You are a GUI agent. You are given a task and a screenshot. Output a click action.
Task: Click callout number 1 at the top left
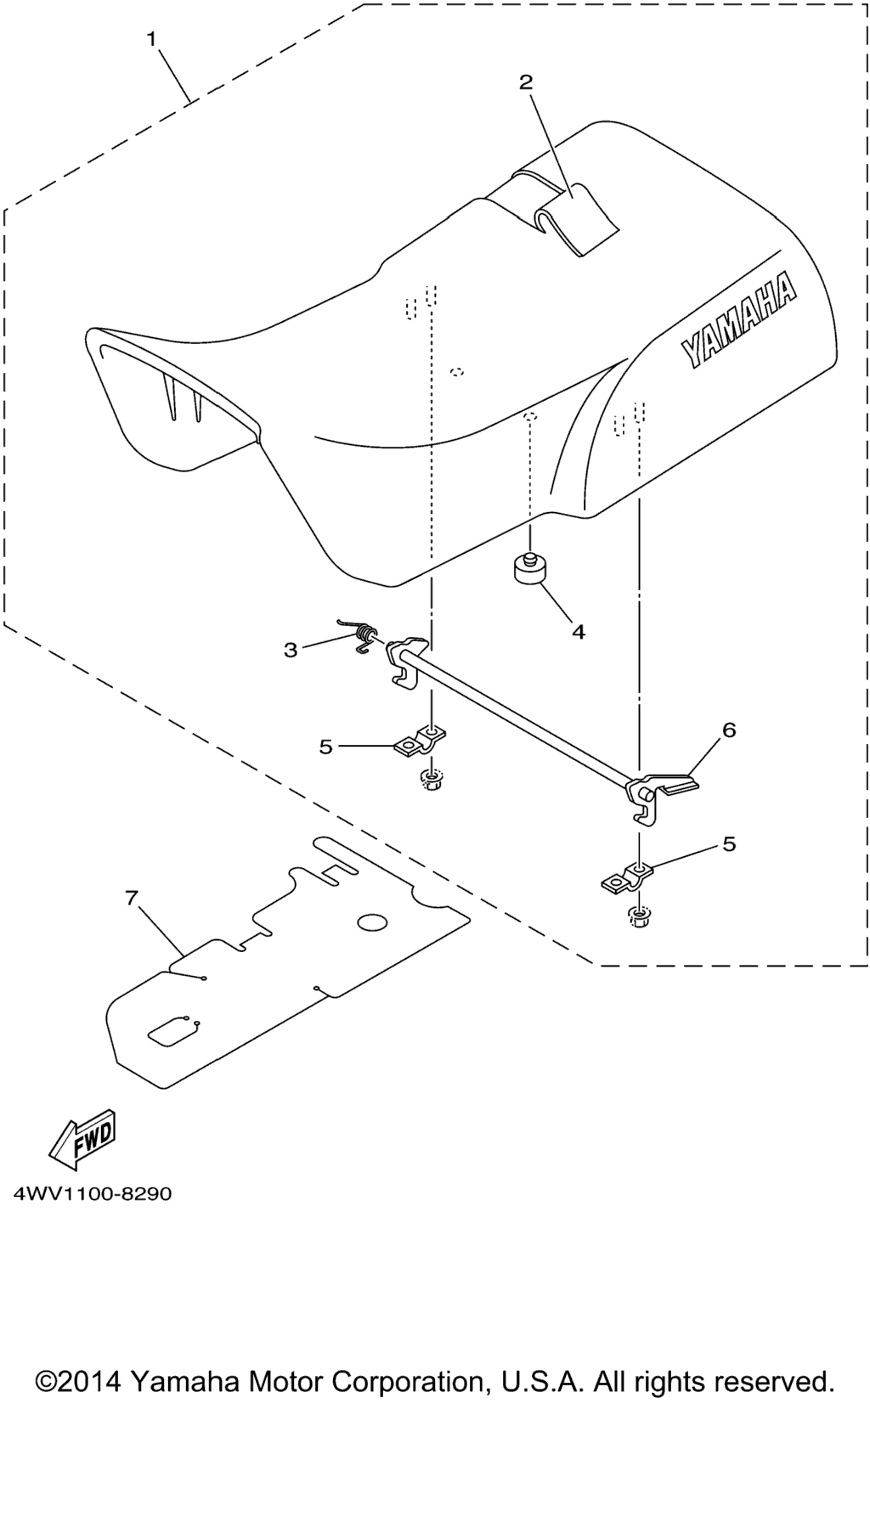(151, 39)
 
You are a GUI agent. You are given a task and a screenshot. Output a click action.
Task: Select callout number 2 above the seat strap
(526, 82)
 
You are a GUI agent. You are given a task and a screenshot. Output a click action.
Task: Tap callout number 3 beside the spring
(291, 651)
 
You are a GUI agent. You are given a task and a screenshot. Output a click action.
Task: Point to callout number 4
(578, 632)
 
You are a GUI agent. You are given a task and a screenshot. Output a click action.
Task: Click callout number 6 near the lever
(729, 730)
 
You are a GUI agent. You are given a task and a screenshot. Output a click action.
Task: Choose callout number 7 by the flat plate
(131, 898)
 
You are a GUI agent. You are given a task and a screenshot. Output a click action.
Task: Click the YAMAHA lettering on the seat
(739, 320)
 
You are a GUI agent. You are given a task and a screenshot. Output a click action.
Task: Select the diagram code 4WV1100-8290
(93, 1193)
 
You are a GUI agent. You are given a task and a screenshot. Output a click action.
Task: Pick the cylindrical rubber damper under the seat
(529, 567)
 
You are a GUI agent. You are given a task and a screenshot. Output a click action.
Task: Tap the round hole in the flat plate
(371, 922)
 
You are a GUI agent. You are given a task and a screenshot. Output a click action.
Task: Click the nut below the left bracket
(432, 778)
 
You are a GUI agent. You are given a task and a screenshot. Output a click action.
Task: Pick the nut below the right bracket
(638, 916)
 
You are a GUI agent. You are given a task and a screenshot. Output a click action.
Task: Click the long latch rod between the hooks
(518, 718)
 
